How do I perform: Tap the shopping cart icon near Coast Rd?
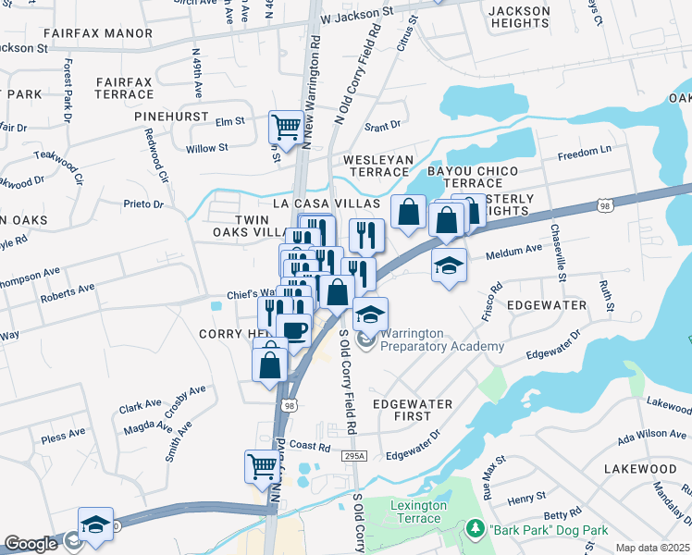tap(262, 465)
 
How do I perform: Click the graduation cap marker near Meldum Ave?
tap(450, 265)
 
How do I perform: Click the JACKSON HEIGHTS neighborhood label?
tap(519, 17)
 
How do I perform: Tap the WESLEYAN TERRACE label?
tap(378, 166)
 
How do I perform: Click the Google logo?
tap(30, 544)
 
